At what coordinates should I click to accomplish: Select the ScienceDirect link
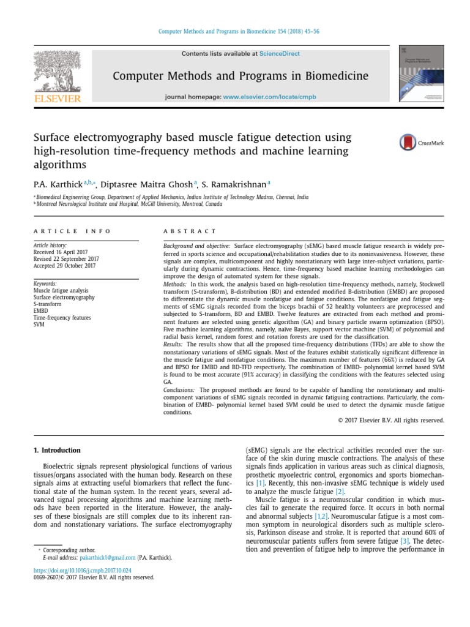tap(280, 54)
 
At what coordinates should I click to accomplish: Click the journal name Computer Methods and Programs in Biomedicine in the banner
tap(240, 76)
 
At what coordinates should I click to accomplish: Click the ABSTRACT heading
tap(190, 231)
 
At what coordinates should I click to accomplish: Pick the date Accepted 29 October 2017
tap(64, 266)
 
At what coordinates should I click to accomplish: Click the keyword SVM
tap(39, 325)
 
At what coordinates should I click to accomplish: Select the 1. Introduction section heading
tap(56, 451)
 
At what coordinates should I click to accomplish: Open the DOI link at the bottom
tap(76, 570)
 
